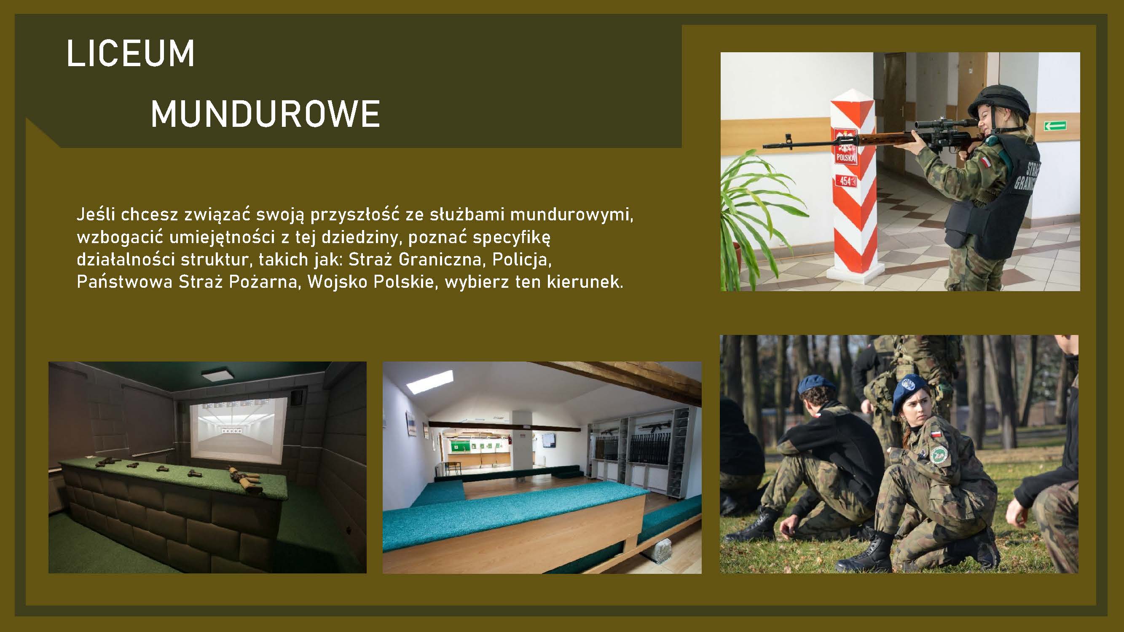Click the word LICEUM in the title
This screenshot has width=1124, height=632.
131,53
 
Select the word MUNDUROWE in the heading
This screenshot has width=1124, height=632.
265,113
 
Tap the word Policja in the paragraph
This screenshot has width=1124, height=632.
522,260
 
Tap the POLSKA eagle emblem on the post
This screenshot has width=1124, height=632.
846,146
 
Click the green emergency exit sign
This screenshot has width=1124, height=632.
1055,126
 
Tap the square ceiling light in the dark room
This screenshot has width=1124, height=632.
218,375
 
